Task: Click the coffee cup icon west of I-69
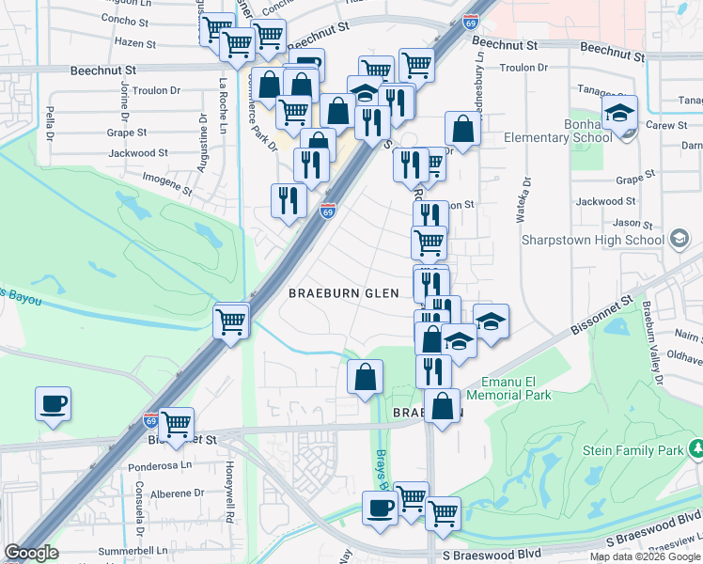[54, 405]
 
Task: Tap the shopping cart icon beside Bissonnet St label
[176, 424]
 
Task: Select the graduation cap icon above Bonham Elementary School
[620, 114]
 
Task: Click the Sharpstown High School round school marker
[679, 240]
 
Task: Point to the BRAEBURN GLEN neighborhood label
[344, 293]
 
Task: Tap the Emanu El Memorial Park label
[516, 388]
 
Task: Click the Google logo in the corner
[31, 553]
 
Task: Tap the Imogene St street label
[166, 178]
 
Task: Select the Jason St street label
[633, 224]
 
